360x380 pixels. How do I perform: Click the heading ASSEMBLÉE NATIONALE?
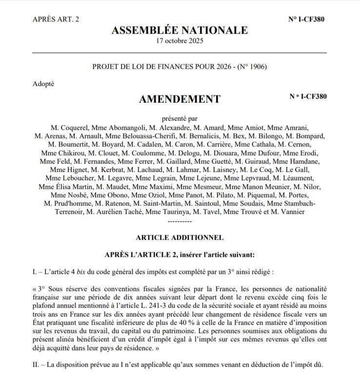[x=180, y=30]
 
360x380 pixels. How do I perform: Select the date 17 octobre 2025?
[x=180, y=41]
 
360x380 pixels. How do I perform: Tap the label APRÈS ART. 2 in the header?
[x=56, y=19]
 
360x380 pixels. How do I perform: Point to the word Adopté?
[x=44, y=84]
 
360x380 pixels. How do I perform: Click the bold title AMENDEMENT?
[x=180, y=100]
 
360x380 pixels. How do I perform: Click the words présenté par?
[x=180, y=118]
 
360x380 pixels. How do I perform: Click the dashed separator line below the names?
[x=180, y=220]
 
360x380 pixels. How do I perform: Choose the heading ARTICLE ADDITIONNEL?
[x=180, y=238]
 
